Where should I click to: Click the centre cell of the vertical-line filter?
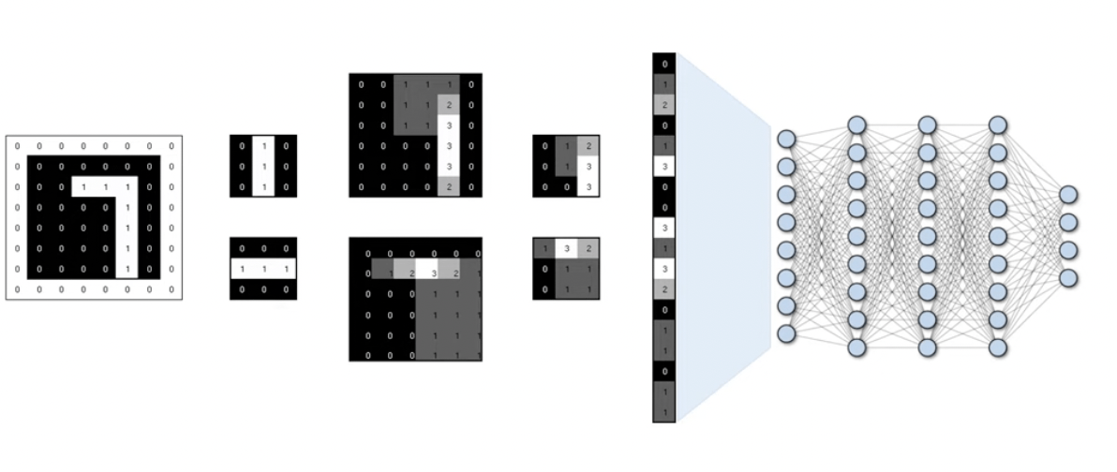263,167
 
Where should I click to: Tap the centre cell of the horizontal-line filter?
263,269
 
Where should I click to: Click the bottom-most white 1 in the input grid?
127,269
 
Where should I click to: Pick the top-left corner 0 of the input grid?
18,146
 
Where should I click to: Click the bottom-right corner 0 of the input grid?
171,289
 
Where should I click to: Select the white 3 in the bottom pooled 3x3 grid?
566,248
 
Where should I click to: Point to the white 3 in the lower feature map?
434,273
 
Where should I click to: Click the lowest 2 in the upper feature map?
449,187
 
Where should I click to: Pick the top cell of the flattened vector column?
664,64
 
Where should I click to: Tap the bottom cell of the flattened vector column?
664,413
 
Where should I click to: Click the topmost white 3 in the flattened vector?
664,167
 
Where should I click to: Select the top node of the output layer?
1068,195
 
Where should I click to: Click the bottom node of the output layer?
1068,278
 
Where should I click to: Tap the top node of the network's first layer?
786,139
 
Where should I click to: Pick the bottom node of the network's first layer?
786,333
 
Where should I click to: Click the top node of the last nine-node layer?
998,125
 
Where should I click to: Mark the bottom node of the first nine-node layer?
856,347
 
